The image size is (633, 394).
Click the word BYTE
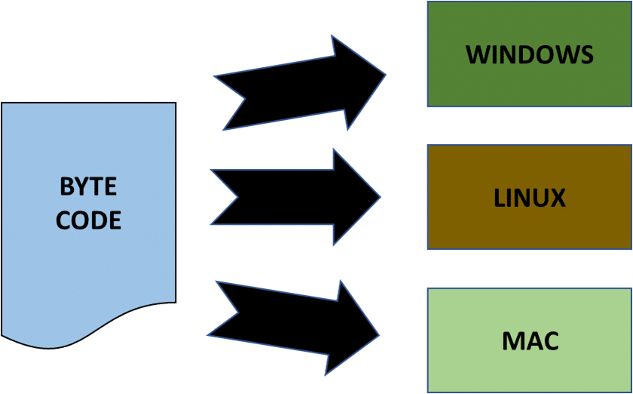tap(88, 186)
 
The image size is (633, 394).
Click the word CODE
tap(88, 220)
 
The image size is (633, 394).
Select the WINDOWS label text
tap(529, 54)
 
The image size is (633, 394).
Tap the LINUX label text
tap(530, 198)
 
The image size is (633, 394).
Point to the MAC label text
tap(530, 340)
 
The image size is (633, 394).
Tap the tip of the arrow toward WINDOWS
tap(384, 75)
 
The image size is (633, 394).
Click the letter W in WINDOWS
tap(476, 54)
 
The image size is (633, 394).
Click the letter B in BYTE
tap(66, 186)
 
